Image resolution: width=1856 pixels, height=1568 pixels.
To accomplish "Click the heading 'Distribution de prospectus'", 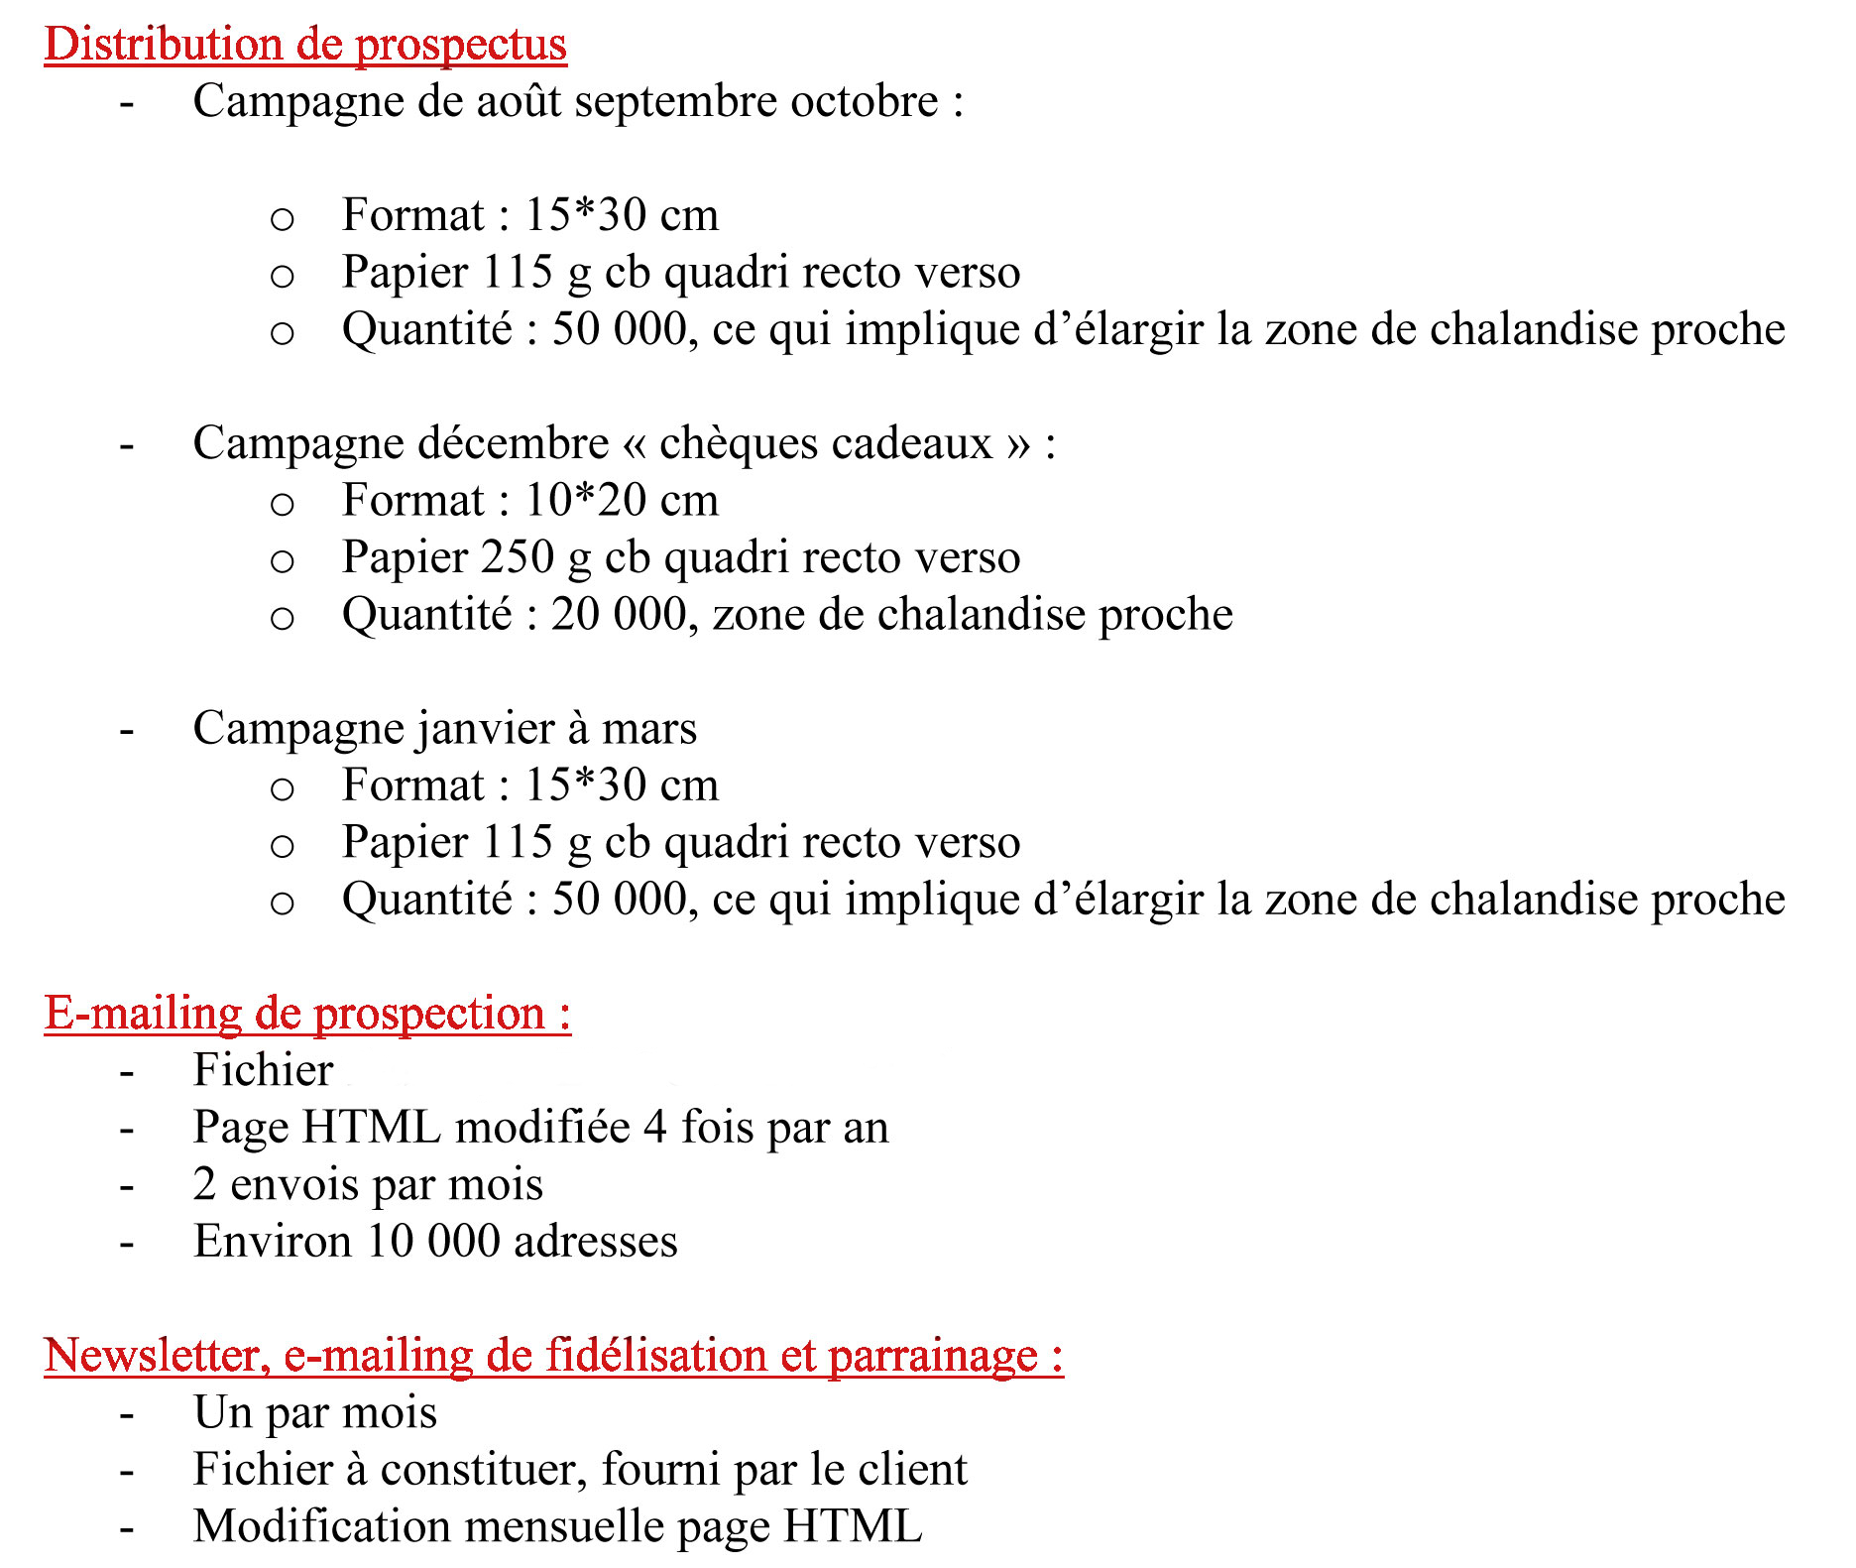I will point(305,45).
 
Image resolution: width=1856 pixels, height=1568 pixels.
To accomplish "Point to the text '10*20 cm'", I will point(621,500).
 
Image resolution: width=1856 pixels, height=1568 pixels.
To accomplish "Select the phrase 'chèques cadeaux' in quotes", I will point(826,443).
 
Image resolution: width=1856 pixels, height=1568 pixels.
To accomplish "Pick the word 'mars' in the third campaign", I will point(649,729).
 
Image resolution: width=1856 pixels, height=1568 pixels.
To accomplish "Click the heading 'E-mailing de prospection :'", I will point(307,1014).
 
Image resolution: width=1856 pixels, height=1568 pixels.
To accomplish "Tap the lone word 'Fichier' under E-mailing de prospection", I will point(263,1070).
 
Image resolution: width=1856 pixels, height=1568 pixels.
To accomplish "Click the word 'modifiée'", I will point(542,1128).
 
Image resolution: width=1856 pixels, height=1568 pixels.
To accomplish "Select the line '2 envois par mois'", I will point(368,1184).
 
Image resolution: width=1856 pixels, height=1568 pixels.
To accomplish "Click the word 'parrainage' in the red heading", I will point(932,1356).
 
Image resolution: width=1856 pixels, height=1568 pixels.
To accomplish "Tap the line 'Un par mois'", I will point(315,1412).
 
